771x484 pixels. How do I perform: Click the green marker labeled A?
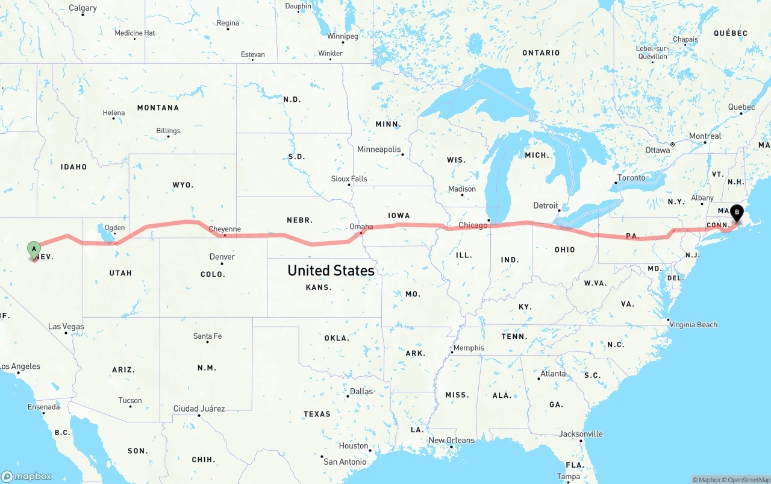[34, 248]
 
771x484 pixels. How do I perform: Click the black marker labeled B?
[736, 213]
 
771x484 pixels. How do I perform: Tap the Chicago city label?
[473, 225]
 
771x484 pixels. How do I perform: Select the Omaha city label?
[361, 227]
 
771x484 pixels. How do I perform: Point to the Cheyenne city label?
[225, 229]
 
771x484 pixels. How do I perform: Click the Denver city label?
[222, 257]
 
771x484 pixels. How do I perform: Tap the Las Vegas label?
[66, 327]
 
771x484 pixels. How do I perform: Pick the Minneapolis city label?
[379, 149]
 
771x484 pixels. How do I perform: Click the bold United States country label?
[331, 271]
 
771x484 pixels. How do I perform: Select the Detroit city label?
[546, 206]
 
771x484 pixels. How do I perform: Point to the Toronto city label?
[631, 178]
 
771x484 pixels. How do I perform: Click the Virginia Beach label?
[694, 325]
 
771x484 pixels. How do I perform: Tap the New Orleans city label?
[451, 440]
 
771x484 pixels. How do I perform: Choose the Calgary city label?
[83, 8]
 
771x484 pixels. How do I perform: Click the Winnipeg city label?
[343, 36]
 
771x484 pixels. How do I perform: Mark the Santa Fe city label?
[207, 336]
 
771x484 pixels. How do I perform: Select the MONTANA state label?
[158, 108]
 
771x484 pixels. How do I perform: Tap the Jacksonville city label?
[581, 434]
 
